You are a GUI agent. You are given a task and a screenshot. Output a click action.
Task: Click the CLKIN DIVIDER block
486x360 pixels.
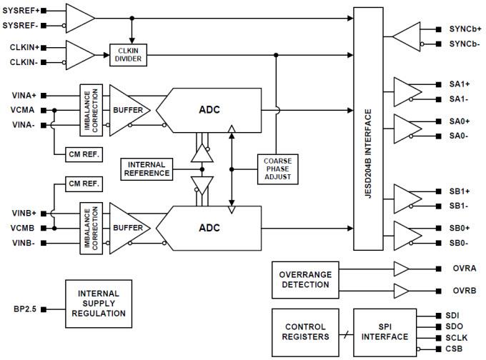click(129, 55)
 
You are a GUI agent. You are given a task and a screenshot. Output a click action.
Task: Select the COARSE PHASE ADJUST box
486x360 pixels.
click(276, 169)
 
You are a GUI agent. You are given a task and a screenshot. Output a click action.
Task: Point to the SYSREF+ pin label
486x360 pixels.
click(21, 11)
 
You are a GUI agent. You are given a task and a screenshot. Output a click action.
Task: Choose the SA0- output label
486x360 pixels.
click(459, 135)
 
